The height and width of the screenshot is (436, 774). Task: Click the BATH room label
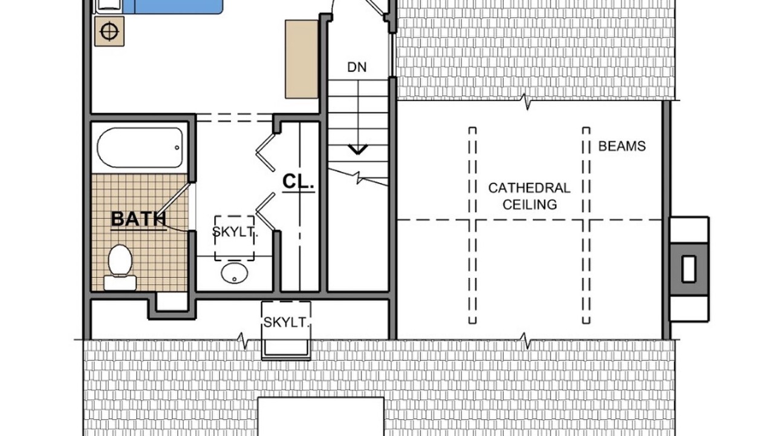point(138,219)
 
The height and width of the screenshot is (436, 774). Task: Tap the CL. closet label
point(298,181)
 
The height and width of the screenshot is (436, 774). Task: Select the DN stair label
point(357,67)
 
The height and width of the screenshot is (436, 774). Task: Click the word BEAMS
point(622,146)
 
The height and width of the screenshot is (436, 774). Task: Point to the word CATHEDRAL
point(529,188)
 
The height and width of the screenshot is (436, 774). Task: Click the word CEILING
point(530,205)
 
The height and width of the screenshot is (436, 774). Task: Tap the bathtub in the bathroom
point(140,148)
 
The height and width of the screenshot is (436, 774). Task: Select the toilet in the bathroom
point(120,267)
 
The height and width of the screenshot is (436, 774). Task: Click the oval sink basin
point(235,272)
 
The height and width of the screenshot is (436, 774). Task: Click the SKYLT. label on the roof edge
point(286,322)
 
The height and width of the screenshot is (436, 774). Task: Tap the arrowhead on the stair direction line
point(358,150)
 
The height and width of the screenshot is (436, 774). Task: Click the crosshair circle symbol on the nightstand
point(109,32)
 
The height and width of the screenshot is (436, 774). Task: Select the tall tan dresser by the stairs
point(301,59)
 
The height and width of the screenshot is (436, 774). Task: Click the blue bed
point(173,7)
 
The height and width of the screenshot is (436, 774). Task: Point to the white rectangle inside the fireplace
point(688,269)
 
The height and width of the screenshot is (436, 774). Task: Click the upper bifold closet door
point(265,153)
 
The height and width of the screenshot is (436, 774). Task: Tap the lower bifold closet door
point(265,211)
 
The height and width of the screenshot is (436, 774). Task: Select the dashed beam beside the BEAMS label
point(587,225)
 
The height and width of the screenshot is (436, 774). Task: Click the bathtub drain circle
point(177,148)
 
